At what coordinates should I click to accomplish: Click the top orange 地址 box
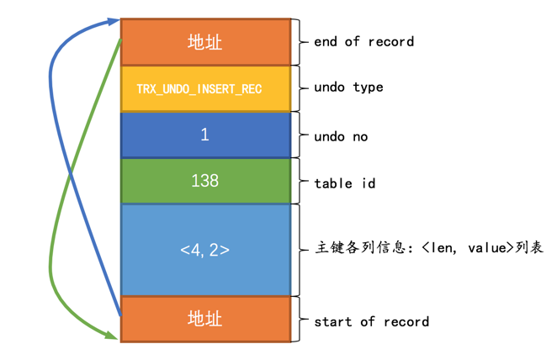(x=205, y=42)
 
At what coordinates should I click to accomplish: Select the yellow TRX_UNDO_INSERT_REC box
(x=205, y=88)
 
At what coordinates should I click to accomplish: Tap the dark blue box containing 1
(x=205, y=135)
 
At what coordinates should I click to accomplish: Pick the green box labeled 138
(x=205, y=181)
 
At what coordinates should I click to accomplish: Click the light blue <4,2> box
(x=205, y=250)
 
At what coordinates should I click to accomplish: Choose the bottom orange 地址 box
(x=205, y=319)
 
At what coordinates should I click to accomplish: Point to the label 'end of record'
(x=363, y=41)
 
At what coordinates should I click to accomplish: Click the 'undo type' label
(x=348, y=87)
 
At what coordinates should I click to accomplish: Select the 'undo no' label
(x=341, y=136)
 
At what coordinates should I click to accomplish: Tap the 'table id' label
(x=345, y=182)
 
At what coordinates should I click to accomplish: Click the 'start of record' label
(x=371, y=321)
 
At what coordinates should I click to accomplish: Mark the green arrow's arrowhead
(x=113, y=336)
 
